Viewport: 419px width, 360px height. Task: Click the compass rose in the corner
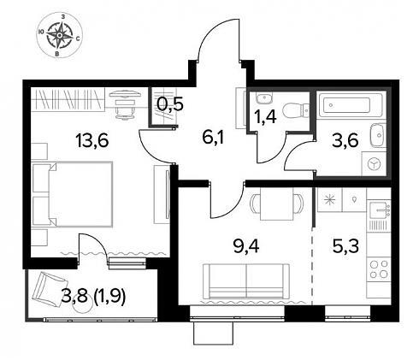click(x=60, y=35)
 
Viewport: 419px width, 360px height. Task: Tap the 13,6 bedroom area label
click(x=92, y=141)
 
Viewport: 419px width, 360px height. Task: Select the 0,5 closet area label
click(x=170, y=104)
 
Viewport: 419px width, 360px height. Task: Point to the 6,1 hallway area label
click(x=214, y=138)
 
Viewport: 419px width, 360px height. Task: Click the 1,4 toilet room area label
click(x=265, y=116)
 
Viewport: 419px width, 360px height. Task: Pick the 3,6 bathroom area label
click(x=345, y=141)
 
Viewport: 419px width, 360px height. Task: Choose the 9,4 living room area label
click(x=246, y=246)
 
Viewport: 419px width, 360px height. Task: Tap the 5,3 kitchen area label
click(x=345, y=246)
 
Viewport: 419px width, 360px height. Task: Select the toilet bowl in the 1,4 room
click(x=296, y=109)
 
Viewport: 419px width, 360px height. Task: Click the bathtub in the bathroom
click(x=351, y=104)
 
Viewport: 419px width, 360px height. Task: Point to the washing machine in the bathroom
click(x=374, y=164)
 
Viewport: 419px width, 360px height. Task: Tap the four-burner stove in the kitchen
click(x=379, y=269)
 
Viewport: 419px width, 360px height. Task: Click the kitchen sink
click(x=379, y=210)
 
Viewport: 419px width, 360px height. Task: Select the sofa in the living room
click(x=246, y=281)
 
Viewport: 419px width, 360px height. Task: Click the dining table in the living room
click(x=276, y=204)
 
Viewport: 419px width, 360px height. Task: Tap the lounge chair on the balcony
click(x=48, y=288)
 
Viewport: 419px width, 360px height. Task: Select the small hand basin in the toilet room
click(x=264, y=98)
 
